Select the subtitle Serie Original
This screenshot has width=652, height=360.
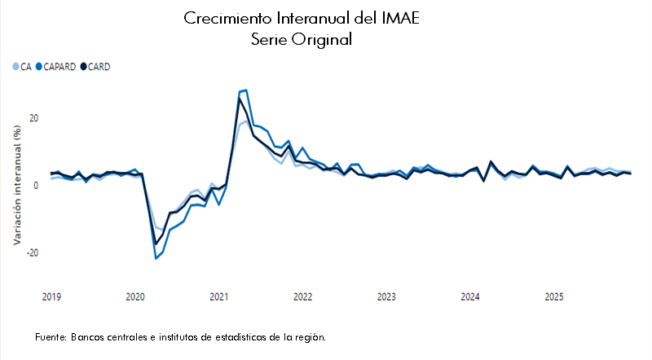coord(302,39)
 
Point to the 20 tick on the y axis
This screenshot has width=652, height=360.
coord(34,118)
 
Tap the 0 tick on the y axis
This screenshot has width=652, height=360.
coord(37,186)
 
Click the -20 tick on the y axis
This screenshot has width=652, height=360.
coord(33,252)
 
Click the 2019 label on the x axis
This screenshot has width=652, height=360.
coord(51,297)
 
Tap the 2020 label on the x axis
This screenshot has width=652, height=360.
coord(135,297)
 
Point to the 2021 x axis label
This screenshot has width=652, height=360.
coord(218,297)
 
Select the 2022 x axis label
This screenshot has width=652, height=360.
coord(302,297)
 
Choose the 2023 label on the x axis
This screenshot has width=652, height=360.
coord(386,297)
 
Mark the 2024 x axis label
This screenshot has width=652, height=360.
coord(469,297)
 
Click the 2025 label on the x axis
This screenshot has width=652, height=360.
coord(553,297)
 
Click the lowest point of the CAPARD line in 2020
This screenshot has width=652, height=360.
coord(156,258)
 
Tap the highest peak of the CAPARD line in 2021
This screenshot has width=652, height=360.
coord(246,90)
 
